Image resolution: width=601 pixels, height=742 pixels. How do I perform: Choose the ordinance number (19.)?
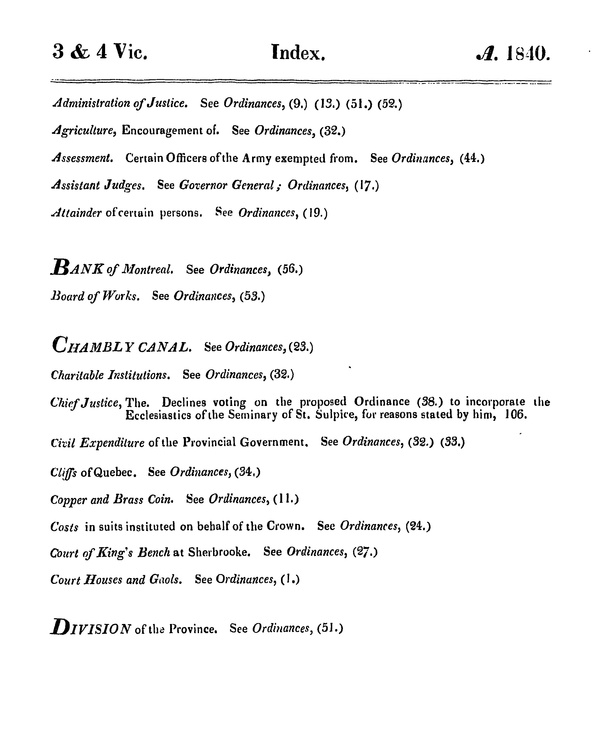coord(315,213)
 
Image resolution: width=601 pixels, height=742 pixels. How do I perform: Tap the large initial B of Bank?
coord(60,267)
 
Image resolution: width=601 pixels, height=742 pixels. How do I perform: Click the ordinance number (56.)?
coord(290,269)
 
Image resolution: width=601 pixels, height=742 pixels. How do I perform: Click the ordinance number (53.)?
coord(252,296)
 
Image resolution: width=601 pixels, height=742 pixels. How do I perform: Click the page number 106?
coord(516,414)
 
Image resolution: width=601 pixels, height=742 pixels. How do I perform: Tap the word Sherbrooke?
coord(219,552)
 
